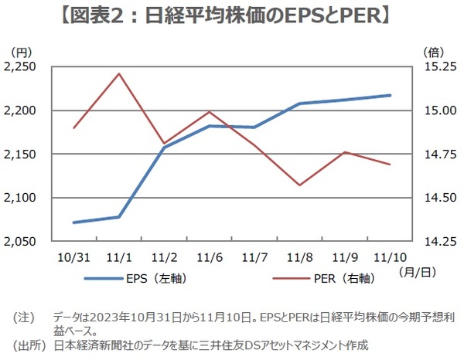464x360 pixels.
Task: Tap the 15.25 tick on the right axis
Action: (438, 67)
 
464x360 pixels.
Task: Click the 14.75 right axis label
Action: (438, 155)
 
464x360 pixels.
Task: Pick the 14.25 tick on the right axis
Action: (438, 242)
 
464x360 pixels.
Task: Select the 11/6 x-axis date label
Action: (209, 256)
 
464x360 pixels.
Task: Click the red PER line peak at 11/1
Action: (118, 73)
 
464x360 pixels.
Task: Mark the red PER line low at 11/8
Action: (299, 185)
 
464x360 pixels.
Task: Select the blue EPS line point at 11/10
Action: (390, 95)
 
